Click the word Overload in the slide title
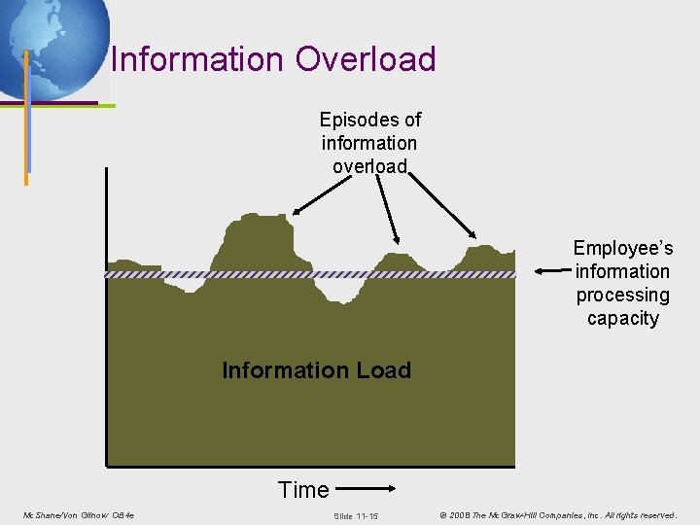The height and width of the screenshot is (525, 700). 366,59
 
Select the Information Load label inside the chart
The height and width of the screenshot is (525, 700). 316,370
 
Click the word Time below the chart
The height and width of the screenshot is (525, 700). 303,490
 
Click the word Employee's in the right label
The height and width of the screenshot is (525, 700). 622,249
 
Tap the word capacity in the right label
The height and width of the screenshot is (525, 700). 622,318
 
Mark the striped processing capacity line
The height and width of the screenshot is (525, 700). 194,275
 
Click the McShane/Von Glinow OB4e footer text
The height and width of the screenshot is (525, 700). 79,514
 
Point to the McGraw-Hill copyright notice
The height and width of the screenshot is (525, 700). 558,514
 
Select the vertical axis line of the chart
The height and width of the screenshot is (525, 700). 105,321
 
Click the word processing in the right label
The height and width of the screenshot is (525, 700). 622,295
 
